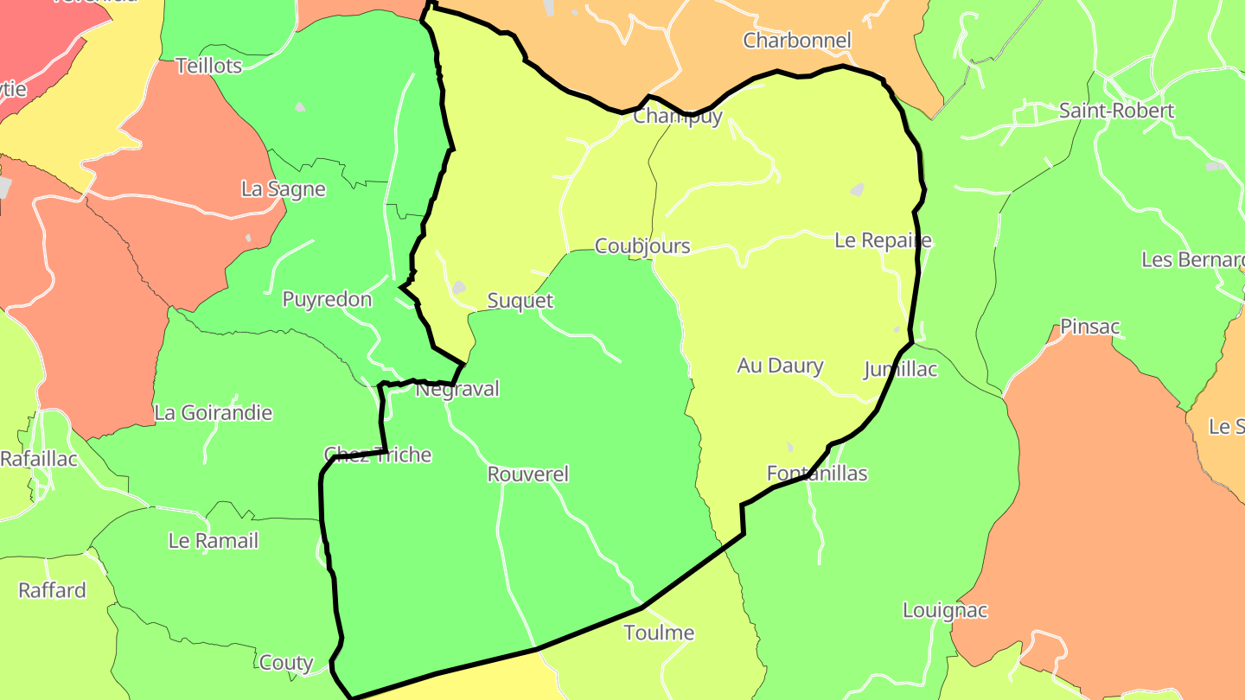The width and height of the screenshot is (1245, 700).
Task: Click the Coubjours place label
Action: [642, 246]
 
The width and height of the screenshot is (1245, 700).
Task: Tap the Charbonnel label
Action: [797, 41]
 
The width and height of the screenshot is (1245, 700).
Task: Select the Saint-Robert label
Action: [1116, 111]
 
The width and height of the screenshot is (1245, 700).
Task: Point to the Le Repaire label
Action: [883, 240]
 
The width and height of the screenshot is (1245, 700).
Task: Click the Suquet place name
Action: [520, 301]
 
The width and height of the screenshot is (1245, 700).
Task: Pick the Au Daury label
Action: [780, 366]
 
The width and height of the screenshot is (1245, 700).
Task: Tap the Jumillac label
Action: [900, 370]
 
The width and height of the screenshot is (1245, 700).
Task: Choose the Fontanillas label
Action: [816, 474]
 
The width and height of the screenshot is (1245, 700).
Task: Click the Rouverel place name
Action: [527, 474]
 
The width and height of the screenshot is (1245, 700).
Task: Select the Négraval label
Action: [457, 389]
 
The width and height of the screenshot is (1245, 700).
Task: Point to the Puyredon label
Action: [327, 300]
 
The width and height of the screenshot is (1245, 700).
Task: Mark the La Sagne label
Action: [283, 189]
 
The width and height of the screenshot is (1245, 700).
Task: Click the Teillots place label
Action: [208, 66]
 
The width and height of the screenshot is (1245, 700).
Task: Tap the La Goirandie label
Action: [213, 413]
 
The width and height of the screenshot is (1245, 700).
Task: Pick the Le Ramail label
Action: [213, 541]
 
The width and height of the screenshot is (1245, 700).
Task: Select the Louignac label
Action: [944, 610]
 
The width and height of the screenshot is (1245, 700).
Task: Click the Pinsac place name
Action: [1089, 327]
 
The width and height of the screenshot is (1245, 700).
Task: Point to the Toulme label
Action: [659, 633]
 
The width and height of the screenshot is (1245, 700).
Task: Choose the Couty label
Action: [286, 663]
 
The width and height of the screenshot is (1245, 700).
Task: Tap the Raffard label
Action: [52, 590]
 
